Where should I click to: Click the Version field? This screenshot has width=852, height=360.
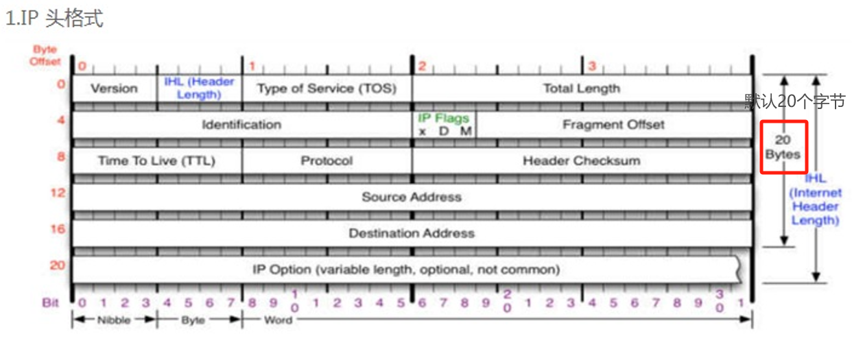[114, 88]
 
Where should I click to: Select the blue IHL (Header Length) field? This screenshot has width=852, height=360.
[199, 88]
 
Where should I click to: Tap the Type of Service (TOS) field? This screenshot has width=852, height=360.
[327, 88]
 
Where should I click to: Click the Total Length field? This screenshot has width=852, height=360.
[581, 88]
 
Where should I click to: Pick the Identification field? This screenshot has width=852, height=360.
[241, 125]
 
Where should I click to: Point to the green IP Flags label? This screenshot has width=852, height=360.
[444, 118]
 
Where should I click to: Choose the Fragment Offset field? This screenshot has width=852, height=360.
[613, 125]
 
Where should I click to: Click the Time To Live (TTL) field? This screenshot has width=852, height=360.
[156, 161]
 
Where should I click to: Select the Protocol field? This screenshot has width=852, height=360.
[327, 161]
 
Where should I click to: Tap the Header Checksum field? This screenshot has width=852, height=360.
[581, 161]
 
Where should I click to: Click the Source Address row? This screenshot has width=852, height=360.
[412, 197]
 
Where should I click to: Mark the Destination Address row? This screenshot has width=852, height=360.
[412, 233]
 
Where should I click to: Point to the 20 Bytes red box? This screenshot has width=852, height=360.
[783, 147]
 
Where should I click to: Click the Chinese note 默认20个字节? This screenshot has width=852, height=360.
[795, 101]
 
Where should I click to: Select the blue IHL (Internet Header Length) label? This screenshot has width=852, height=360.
[815, 200]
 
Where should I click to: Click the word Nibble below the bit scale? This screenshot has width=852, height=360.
[114, 320]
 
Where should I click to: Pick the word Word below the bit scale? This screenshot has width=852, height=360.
[278, 320]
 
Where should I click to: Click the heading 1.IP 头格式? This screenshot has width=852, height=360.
[54, 19]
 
